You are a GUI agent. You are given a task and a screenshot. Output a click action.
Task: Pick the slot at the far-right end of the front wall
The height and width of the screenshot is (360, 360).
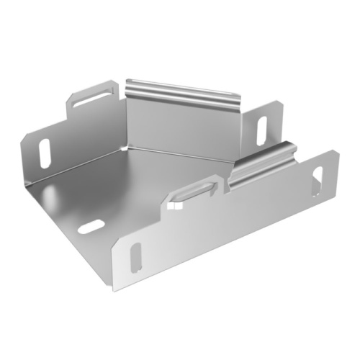coord(316,181)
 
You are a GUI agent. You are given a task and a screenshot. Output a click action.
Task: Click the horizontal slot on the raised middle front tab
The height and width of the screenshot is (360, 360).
coord(194,192)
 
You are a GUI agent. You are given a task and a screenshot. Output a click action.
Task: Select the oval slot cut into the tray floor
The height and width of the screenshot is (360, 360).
coord(90,228)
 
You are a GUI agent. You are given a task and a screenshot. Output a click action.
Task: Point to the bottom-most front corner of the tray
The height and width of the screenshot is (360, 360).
coord(113,290)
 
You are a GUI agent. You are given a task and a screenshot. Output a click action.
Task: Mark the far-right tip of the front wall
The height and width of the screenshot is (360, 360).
coord(339,152)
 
